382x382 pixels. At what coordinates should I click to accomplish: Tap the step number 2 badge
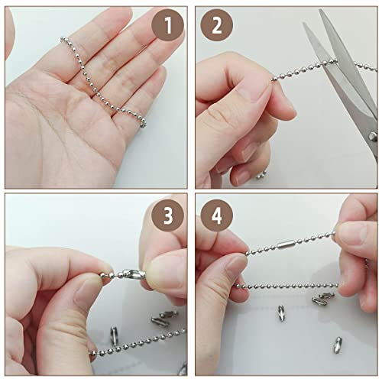coord(216,27)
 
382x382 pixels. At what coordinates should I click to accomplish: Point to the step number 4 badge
coord(216,216)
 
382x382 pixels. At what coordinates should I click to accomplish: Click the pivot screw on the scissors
coord(373,136)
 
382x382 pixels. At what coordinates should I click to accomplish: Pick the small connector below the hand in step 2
coord(261,175)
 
